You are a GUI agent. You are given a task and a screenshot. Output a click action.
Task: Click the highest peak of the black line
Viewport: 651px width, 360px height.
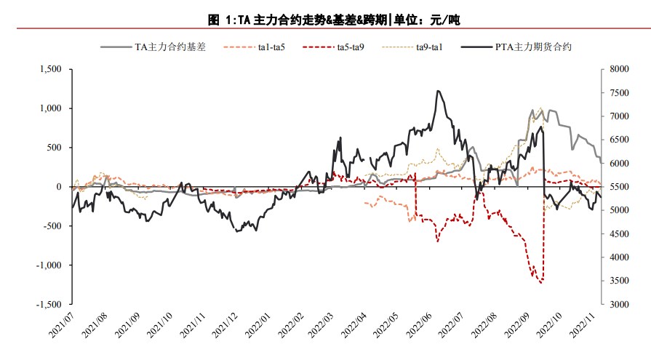438,91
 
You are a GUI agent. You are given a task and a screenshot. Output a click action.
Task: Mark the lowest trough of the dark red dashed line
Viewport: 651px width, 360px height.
541,283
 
